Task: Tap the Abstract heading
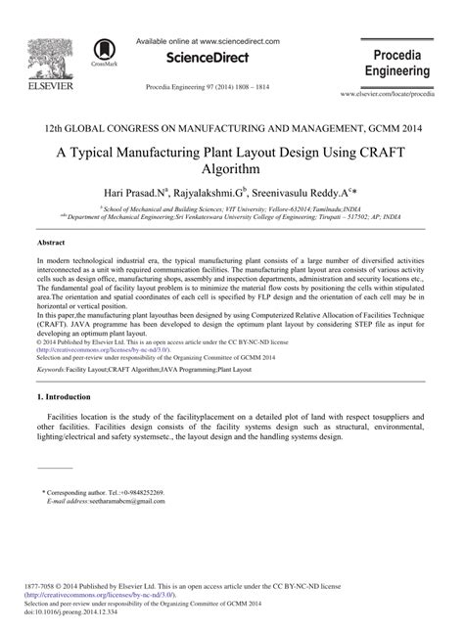coord(51,240)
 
